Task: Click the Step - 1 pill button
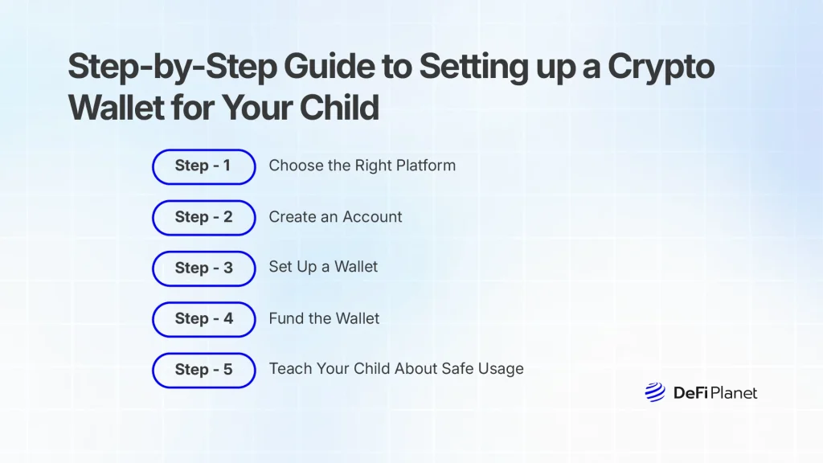203,166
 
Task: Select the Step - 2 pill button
203,217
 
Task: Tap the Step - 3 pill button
203,268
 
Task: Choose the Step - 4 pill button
203,319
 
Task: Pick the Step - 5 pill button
203,370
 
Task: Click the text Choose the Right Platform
362,166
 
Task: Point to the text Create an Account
335,217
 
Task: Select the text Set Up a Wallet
323,267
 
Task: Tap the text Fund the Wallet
324,319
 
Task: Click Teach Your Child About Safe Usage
396,369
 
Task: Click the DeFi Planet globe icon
654,392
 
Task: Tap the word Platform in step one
425,166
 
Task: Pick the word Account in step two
371,217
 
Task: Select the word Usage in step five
499,370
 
